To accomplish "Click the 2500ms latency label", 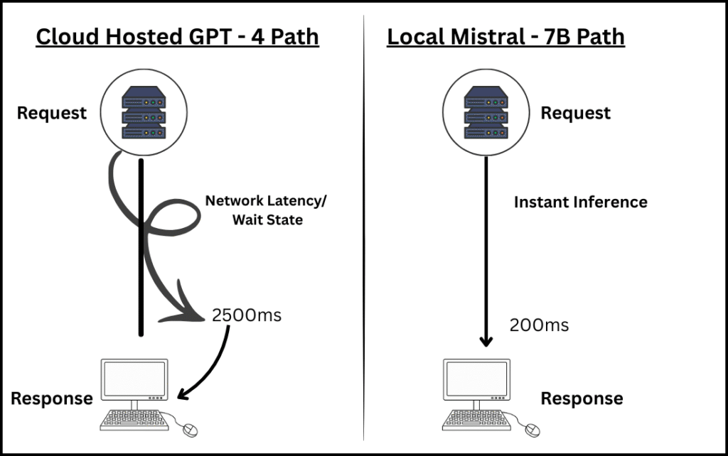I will click(246, 315).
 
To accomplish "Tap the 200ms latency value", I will click(539, 325).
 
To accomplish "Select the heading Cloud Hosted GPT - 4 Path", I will click(177, 37).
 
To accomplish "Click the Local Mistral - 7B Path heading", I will click(505, 37).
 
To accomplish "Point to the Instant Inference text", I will click(580, 202).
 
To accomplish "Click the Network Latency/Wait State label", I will click(266, 210).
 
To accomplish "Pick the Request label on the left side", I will click(52, 113).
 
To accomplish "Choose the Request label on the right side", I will click(575, 113).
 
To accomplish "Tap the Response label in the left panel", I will click(51, 398).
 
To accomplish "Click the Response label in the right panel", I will click(582, 398).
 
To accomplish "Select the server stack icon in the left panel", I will click(143, 113).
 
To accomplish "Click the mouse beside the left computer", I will click(190, 429).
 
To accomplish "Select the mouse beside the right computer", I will click(532, 429).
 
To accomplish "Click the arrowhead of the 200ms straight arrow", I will click(486, 340).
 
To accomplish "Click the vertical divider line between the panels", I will click(364, 227).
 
